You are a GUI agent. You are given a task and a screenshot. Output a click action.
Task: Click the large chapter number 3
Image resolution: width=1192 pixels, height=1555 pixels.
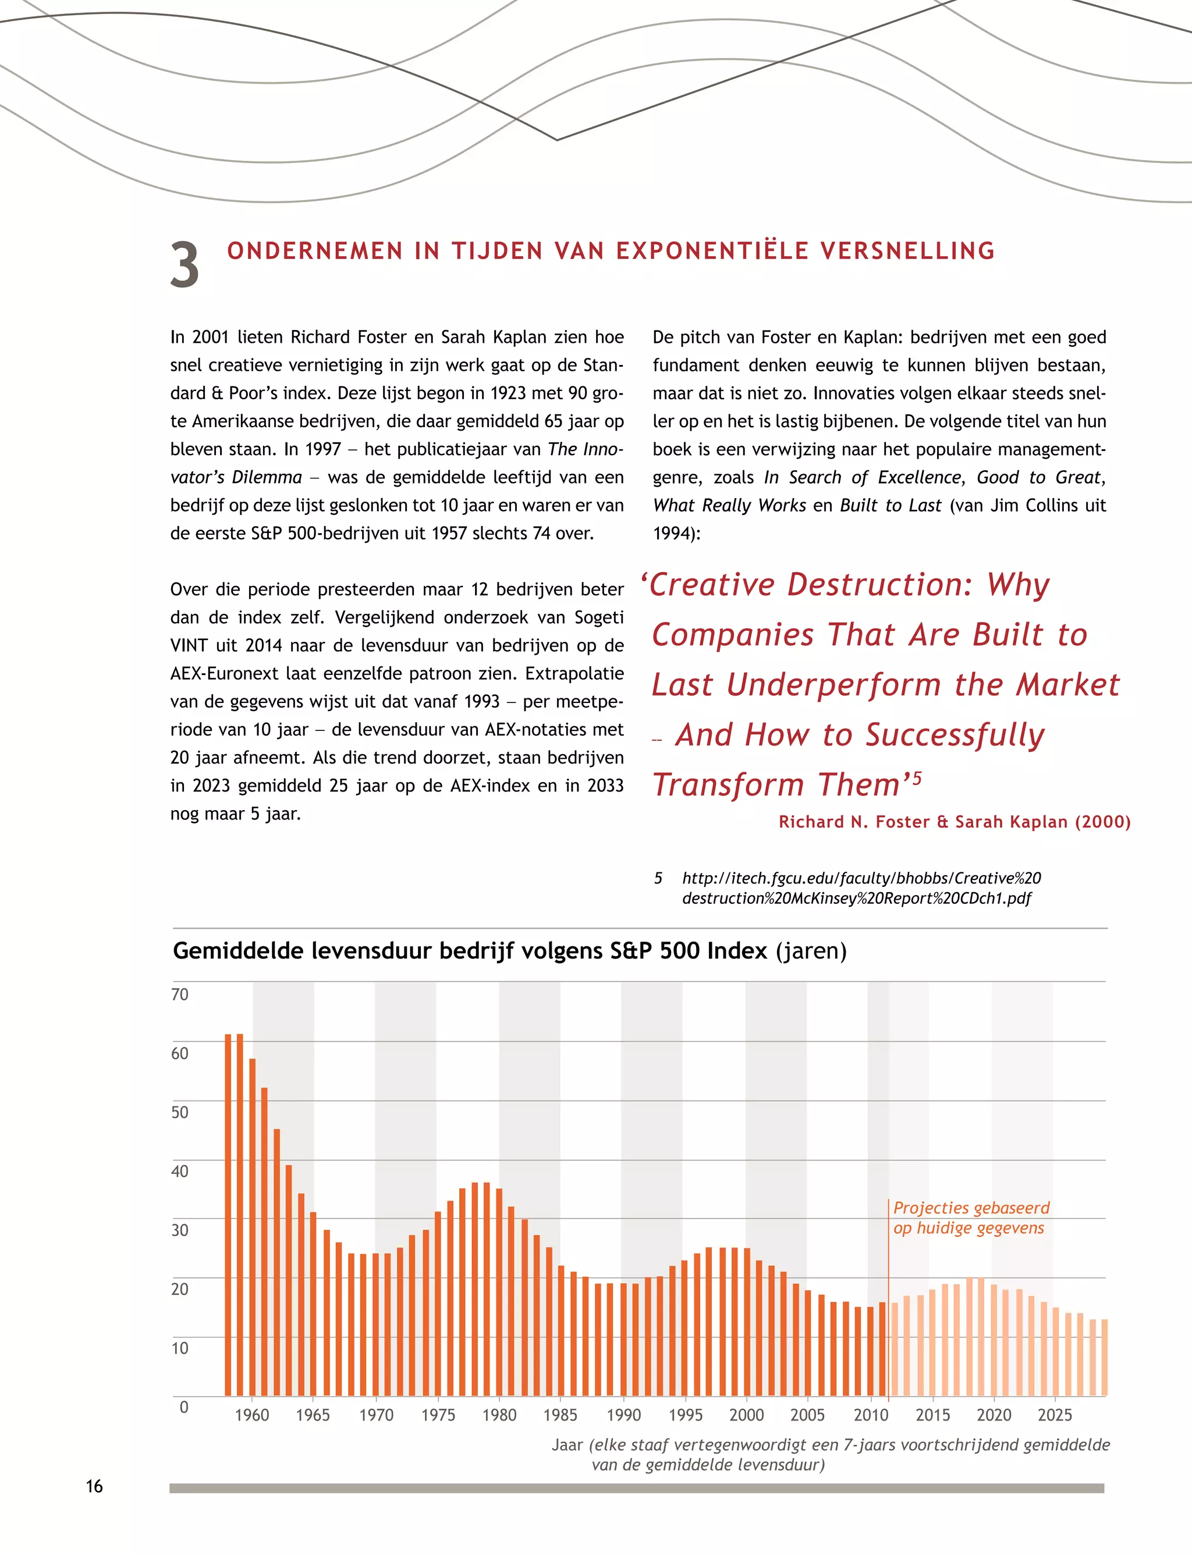[185, 265]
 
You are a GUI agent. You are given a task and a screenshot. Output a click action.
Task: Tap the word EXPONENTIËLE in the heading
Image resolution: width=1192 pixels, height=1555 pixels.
[712, 251]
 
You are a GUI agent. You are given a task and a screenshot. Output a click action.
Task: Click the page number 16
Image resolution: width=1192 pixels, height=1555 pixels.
[94, 1486]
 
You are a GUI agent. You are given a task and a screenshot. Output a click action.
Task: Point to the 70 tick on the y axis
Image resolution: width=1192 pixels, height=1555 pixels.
[180, 995]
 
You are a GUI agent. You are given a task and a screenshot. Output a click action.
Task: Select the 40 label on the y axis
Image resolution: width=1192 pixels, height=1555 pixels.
[180, 1171]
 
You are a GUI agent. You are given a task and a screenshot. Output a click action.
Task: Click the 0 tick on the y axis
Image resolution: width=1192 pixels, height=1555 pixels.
[184, 1407]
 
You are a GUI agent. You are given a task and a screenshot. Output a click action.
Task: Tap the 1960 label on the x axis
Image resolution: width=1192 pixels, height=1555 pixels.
[252, 1415]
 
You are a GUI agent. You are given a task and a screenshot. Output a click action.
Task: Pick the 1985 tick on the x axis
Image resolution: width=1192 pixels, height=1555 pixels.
[560, 1415]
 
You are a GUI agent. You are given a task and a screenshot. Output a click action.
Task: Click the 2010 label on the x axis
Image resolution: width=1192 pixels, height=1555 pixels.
[871, 1415]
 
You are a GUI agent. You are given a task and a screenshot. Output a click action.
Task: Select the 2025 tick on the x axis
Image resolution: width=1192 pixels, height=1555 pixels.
[1055, 1415]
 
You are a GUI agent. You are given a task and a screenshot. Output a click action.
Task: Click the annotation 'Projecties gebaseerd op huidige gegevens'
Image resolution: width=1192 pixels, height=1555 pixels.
[971, 1218]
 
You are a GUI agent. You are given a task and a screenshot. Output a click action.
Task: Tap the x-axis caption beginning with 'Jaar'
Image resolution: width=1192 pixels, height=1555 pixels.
[830, 1454]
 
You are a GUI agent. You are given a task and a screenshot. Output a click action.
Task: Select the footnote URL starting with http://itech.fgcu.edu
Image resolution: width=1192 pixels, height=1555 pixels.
[861, 888]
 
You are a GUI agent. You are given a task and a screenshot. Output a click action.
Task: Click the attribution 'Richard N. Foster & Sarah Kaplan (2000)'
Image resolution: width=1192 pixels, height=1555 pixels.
[955, 822]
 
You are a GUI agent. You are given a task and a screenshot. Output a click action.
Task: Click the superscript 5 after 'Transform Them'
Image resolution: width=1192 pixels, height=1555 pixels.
[917, 778]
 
